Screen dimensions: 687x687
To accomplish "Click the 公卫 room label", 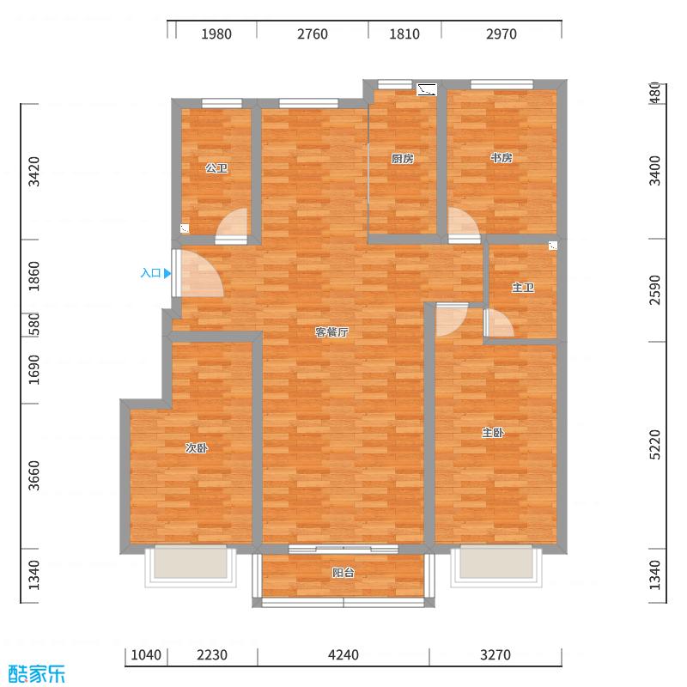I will pyautogui.click(x=216, y=168).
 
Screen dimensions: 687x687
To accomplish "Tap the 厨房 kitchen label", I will pyautogui.click(x=403, y=158).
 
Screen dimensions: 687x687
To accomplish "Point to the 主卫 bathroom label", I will pyautogui.click(x=522, y=288).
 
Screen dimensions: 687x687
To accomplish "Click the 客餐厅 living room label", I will pyautogui.click(x=331, y=332).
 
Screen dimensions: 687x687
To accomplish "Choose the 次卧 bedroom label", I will pyautogui.click(x=197, y=447).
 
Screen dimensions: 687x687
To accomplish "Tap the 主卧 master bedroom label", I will pyautogui.click(x=492, y=433).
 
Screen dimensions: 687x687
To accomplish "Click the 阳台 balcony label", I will pyautogui.click(x=343, y=573).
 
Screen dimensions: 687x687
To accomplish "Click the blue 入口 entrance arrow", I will pyautogui.click(x=167, y=274).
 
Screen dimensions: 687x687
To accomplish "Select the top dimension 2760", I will pyautogui.click(x=313, y=34).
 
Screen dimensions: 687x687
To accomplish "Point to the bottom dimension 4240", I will pyautogui.click(x=343, y=655).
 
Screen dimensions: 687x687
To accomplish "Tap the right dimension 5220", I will pyautogui.click(x=656, y=445).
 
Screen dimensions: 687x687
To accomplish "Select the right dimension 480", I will pyautogui.click(x=656, y=93).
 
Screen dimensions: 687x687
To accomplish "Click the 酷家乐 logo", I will pyautogui.click(x=36, y=674).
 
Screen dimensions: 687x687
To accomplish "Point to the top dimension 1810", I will pyautogui.click(x=404, y=34).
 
